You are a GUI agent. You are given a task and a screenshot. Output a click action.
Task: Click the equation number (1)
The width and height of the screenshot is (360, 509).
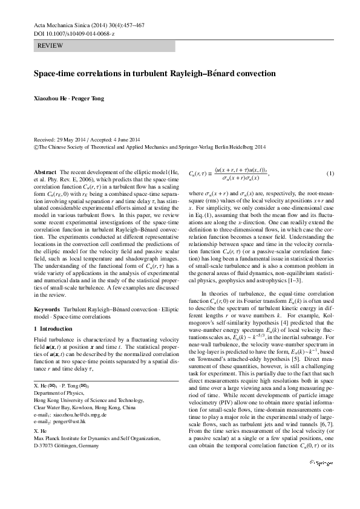coord(330,174)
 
